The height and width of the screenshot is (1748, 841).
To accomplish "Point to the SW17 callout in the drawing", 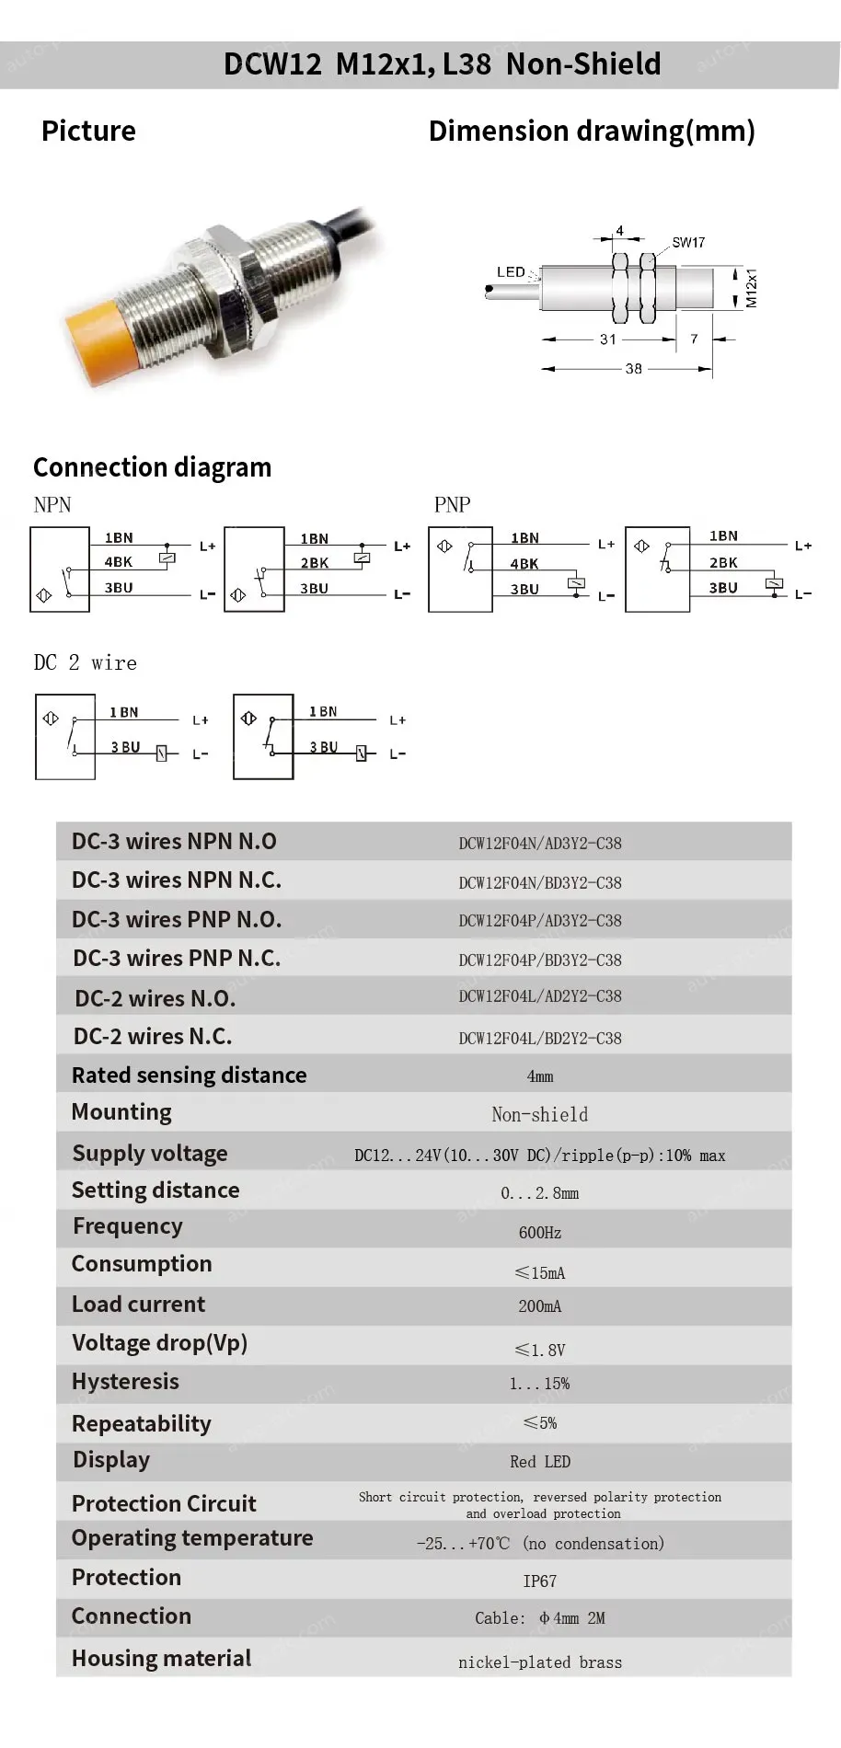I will click(688, 242).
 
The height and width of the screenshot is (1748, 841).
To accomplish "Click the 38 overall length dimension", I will click(633, 369).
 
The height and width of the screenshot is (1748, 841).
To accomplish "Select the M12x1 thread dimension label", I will click(751, 288).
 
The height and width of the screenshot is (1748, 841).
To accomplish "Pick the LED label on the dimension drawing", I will click(511, 272).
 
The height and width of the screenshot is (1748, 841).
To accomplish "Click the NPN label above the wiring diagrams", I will click(52, 505).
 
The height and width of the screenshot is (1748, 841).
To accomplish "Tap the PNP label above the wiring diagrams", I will click(452, 505).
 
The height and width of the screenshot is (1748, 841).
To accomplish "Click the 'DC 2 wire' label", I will click(86, 663).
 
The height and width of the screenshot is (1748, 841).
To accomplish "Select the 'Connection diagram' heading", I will click(153, 467).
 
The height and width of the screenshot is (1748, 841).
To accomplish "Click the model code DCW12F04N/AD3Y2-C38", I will click(540, 843).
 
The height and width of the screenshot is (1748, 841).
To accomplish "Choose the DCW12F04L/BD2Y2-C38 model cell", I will click(540, 1038).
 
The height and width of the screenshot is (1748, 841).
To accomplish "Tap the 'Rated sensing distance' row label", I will click(190, 1075).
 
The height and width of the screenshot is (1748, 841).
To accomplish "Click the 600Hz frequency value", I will click(540, 1233).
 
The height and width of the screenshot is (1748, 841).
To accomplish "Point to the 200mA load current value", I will click(540, 1306).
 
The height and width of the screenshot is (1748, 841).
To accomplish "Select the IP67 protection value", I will click(540, 1581).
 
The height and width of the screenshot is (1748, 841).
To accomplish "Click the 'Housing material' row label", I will click(162, 1658).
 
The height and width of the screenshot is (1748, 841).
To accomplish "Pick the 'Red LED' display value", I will click(540, 1462).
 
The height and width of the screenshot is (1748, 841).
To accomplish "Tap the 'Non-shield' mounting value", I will click(540, 1115).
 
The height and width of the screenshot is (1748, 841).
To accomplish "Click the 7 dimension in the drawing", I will click(694, 339).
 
